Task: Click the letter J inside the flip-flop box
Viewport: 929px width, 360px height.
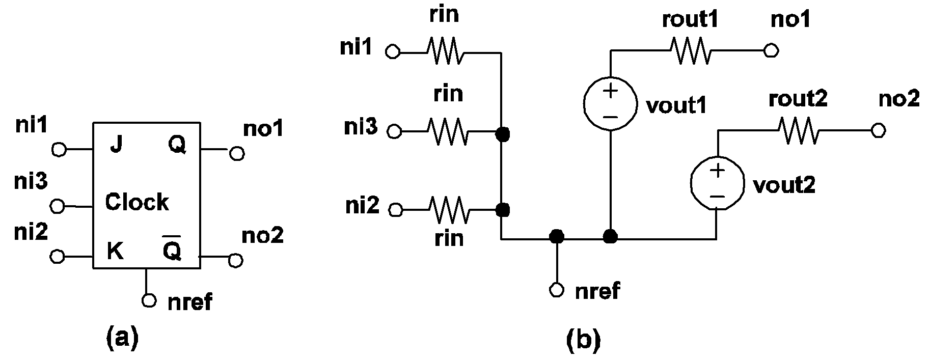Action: pos(117,146)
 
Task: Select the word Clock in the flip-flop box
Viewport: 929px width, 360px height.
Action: pos(136,202)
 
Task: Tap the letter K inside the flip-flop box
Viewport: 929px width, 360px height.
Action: pos(115,251)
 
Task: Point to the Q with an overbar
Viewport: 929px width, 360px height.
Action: pos(172,249)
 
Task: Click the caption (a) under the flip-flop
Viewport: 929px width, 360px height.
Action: pos(122,338)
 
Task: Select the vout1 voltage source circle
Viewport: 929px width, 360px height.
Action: pos(610,104)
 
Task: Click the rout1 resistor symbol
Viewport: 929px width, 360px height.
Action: pos(690,50)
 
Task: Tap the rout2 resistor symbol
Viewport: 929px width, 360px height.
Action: pos(798,131)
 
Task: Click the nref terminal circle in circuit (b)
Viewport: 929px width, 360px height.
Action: pos(557,290)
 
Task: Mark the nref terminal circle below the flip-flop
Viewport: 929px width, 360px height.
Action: pos(149,300)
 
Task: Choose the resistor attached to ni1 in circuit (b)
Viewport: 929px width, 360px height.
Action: pos(445,51)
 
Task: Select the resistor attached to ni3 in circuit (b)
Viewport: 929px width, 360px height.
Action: pos(447,131)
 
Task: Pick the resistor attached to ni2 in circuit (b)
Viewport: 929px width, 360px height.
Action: pos(448,209)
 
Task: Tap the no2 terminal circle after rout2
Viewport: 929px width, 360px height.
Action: pos(877,131)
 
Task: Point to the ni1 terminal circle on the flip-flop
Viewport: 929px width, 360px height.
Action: pos(59,150)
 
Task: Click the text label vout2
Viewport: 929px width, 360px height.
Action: pos(784,185)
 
